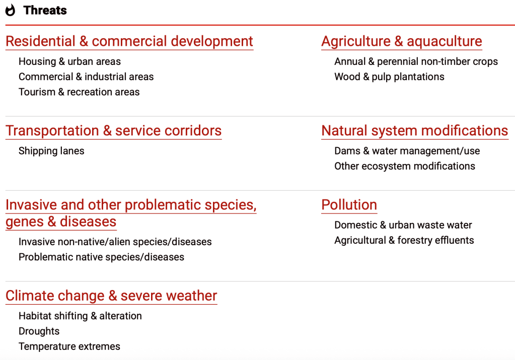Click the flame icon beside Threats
tap(10, 10)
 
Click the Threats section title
tap(45, 11)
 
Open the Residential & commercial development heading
tap(129, 41)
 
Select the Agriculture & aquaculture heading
tap(402, 41)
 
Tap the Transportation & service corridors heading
tap(114, 131)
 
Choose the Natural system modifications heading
tap(415, 131)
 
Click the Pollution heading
tap(349, 205)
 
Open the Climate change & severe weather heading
tap(111, 296)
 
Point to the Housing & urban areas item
tap(69, 61)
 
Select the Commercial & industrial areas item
tap(86, 77)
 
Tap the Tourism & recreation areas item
tap(79, 92)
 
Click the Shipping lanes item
tap(51, 151)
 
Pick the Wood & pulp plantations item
tap(389, 77)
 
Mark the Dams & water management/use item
tap(407, 151)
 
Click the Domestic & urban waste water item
tap(403, 225)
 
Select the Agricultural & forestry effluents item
tap(404, 241)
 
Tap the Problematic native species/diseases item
tap(102, 257)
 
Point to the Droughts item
tap(39, 331)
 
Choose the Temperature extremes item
tap(69, 346)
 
